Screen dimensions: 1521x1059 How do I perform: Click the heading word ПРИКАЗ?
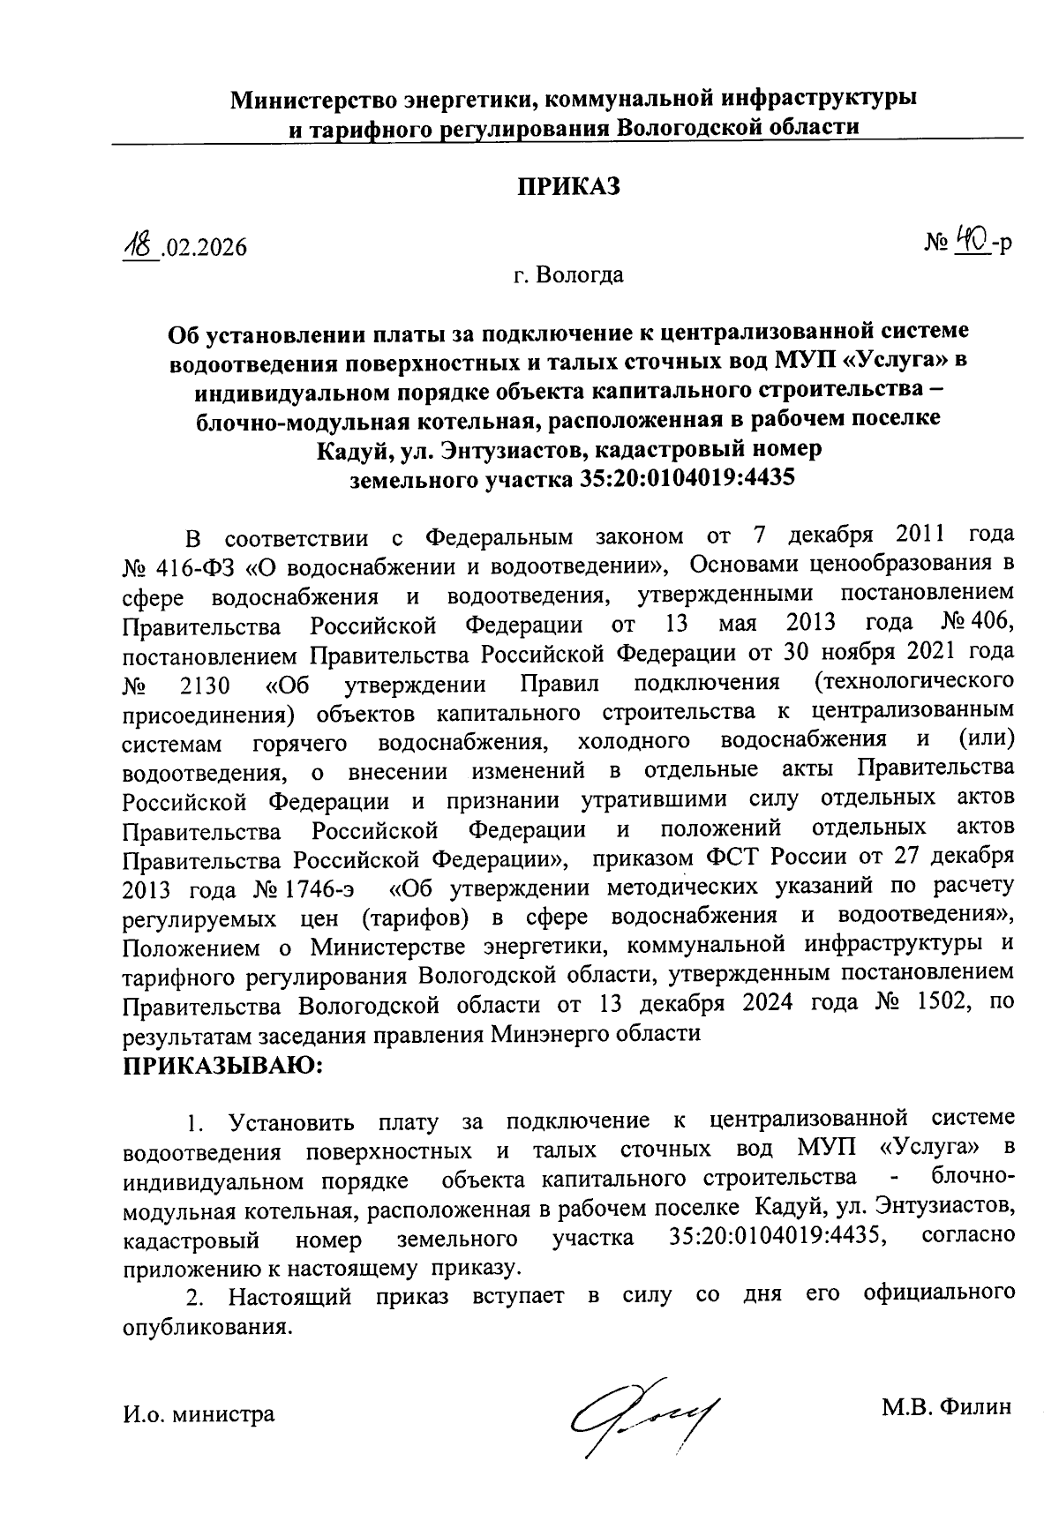(569, 186)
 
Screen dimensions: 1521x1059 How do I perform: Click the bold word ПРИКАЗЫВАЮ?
(224, 1065)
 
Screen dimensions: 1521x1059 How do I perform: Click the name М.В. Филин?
(944, 1407)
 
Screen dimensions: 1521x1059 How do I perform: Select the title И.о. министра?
(199, 1414)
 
